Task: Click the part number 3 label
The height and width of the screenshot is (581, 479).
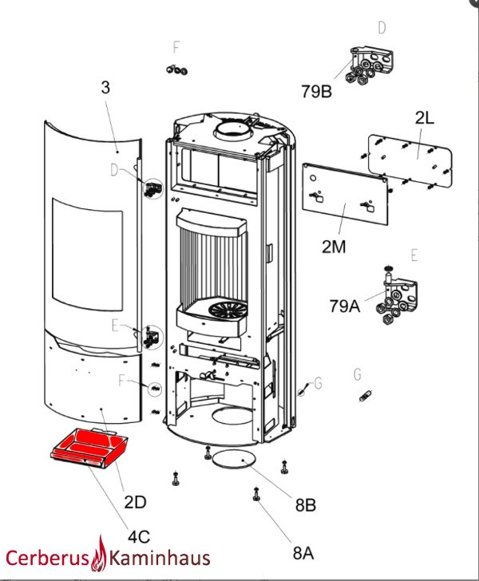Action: pos(105,88)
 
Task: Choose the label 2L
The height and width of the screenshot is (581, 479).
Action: pos(424,118)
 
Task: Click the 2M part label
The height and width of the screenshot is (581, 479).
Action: pos(334,247)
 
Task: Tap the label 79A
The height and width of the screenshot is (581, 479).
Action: pos(345,304)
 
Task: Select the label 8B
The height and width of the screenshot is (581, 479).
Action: pos(306,504)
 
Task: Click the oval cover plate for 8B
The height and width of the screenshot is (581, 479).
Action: pos(229,459)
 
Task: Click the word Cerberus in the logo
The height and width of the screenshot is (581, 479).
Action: pos(48,556)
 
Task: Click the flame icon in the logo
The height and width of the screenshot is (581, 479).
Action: pos(100,552)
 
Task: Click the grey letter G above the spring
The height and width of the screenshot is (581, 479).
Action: pos(358,374)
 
